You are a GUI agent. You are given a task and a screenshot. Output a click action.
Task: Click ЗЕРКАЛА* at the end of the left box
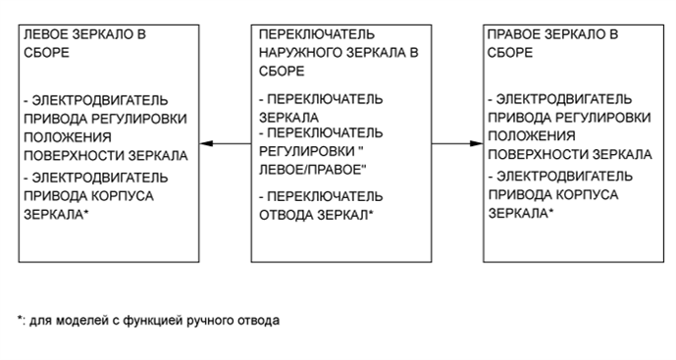pos(56,212)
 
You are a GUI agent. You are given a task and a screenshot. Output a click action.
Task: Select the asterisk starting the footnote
pos(20,319)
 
